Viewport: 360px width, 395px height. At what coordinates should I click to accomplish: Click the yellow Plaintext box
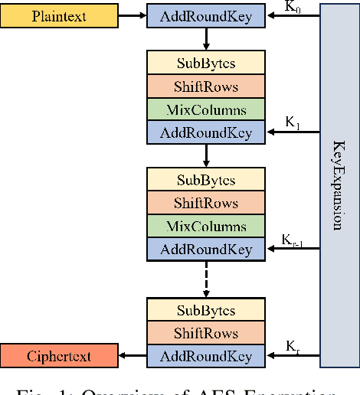[60, 16]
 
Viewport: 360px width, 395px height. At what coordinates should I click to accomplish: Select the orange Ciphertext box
[60, 356]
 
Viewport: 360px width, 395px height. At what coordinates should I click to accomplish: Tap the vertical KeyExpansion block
[339, 184]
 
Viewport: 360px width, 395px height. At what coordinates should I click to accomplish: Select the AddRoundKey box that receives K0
[205, 16]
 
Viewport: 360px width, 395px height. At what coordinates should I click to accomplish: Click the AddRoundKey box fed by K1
[205, 132]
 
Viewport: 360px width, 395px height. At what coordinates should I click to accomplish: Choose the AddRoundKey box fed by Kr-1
[205, 250]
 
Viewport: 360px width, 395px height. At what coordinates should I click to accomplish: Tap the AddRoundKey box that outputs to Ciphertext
[205, 356]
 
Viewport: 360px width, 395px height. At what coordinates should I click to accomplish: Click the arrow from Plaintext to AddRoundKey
[133, 16]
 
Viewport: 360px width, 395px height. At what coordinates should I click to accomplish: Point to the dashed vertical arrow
[205, 279]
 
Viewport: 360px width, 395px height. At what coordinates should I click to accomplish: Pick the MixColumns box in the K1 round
[205, 109]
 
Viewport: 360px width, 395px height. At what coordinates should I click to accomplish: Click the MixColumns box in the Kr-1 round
[205, 227]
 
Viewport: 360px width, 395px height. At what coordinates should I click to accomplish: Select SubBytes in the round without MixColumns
[205, 310]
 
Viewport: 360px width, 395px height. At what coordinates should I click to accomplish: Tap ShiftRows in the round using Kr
[205, 333]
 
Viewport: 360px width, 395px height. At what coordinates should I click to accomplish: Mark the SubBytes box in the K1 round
[205, 64]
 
